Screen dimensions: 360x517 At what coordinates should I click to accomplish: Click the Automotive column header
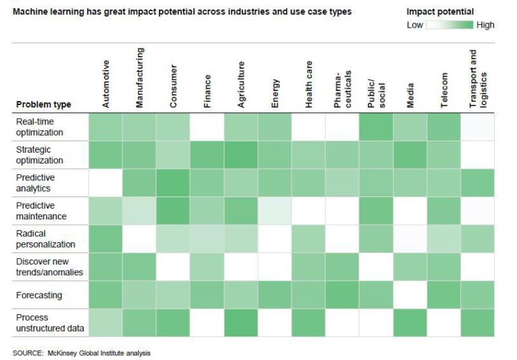pos(106,83)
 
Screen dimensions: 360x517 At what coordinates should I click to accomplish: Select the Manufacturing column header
pos(139,77)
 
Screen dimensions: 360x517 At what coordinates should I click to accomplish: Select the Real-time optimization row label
pos(40,126)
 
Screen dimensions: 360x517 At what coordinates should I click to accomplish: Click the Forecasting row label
pos(39,295)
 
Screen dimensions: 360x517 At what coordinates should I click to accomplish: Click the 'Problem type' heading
pos(43,104)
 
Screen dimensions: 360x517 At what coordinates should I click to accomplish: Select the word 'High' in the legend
pos(485,25)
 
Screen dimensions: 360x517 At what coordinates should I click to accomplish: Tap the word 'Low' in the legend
pos(415,25)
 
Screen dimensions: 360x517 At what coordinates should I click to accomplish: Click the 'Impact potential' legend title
pos(440,11)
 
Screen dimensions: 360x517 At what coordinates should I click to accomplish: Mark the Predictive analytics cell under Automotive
pos(106,182)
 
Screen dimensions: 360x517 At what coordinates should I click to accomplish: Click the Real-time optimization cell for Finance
pos(207,126)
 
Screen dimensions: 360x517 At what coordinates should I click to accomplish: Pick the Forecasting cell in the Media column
pos(410,295)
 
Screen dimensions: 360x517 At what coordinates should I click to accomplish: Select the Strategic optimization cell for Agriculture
pos(241,154)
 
